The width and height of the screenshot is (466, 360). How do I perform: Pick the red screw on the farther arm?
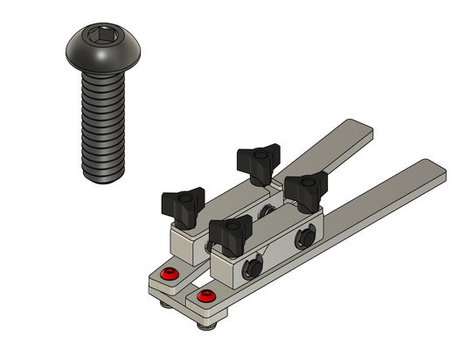coord(170,276)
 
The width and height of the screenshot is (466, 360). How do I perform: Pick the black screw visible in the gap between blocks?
coord(267,211)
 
